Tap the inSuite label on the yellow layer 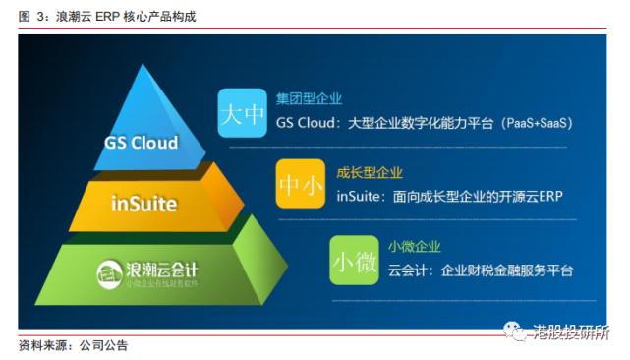pos(143,205)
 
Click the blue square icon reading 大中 pos(242,114)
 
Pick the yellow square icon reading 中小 pos(300,183)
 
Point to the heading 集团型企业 pos(309,98)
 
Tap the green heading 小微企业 pos(414,246)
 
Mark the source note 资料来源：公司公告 pos(73,346)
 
